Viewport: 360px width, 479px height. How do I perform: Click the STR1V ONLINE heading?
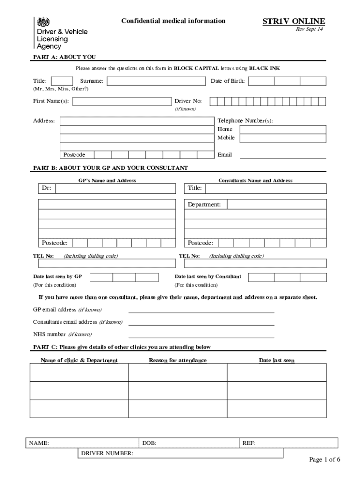click(294, 22)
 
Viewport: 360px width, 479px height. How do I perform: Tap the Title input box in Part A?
click(62, 81)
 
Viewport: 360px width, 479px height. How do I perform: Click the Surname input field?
click(157, 81)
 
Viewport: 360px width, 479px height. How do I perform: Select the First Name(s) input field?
click(122, 102)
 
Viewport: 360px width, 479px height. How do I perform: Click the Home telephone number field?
click(283, 130)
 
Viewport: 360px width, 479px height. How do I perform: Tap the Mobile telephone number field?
click(283, 138)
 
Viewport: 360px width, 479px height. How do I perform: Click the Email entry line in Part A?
click(283, 156)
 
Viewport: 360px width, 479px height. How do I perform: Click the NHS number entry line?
click(201, 335)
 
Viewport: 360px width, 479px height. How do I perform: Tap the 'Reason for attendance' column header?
click(178, 360)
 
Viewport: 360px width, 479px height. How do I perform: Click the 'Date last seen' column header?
click(277, 360)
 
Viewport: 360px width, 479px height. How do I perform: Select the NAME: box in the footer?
click(82, 443)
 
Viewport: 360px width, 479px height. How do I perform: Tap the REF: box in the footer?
click(288, 443)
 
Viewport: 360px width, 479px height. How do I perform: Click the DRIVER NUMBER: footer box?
click(180, 453)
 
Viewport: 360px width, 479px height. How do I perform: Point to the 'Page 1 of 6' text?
click(324, 460)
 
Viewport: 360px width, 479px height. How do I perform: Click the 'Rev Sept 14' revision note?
click(309, 29)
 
